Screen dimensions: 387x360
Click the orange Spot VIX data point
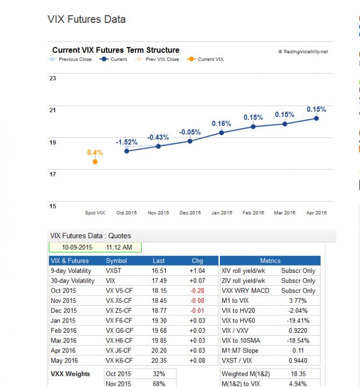(x=95, y=162)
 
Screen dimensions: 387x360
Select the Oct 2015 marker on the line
(x=127, y=151)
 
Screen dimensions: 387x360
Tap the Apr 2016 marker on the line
(x=317, y=118)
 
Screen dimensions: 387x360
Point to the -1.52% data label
(x=127, y=142)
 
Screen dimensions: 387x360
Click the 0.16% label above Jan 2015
(x=221, y=124)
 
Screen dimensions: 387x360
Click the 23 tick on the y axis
(x=53, y=78)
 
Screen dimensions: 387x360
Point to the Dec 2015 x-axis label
(x=190, y=213)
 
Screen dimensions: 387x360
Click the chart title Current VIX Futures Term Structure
(x=116, y=50)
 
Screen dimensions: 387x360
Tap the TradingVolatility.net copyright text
(x=303, y=52)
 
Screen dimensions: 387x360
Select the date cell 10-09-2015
(x=77, y=248)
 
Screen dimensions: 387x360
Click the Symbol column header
(x=116, y=261)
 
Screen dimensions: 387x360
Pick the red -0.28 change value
(x=198, y=291)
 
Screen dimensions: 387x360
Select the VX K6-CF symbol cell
(x=119, y=361)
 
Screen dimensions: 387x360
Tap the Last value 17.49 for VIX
(x=159, y=281)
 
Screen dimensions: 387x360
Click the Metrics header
(x=270, y=261)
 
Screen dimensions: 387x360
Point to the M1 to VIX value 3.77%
(x=298, y=301)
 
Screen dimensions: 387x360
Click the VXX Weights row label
(x=71, y=374)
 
